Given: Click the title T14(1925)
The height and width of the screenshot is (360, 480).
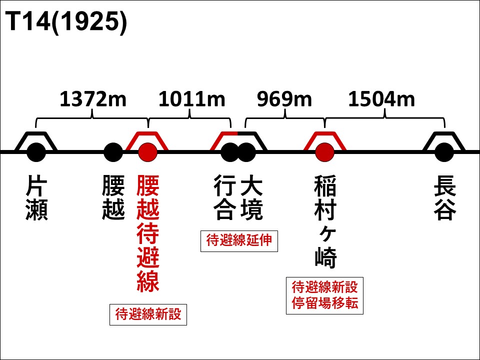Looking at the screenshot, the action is click(66, 21).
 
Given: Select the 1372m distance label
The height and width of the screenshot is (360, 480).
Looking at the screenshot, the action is click(93, 99).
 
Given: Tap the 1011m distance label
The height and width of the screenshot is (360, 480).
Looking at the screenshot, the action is click(191, 99).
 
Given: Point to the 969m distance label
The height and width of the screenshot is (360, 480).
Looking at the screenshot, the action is click(284, 99).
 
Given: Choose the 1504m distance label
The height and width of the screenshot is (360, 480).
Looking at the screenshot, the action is click(381, 99).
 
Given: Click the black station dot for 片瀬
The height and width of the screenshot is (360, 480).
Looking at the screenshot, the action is click(36, 152).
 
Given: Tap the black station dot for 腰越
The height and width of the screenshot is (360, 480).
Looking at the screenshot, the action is click(113, 152).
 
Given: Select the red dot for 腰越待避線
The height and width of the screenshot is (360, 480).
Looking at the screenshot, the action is click(148, 152).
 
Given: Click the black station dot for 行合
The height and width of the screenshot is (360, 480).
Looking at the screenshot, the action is click(230, 152).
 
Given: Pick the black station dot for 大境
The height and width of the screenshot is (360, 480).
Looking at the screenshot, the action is click(246, 152).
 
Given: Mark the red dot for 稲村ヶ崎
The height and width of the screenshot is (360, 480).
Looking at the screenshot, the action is click(325, 152).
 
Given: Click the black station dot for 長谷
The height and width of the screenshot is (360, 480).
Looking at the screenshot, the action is click(444, 152).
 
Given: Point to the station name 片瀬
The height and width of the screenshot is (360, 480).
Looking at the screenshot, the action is click(36, 197).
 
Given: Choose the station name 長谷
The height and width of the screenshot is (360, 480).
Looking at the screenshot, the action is click(445, 197).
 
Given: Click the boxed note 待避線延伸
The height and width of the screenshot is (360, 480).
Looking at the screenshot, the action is click(239, 241).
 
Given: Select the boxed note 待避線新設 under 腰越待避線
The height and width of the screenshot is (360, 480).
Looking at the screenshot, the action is click(148, 314).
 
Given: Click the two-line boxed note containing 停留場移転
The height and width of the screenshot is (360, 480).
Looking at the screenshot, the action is click(325, 295).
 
